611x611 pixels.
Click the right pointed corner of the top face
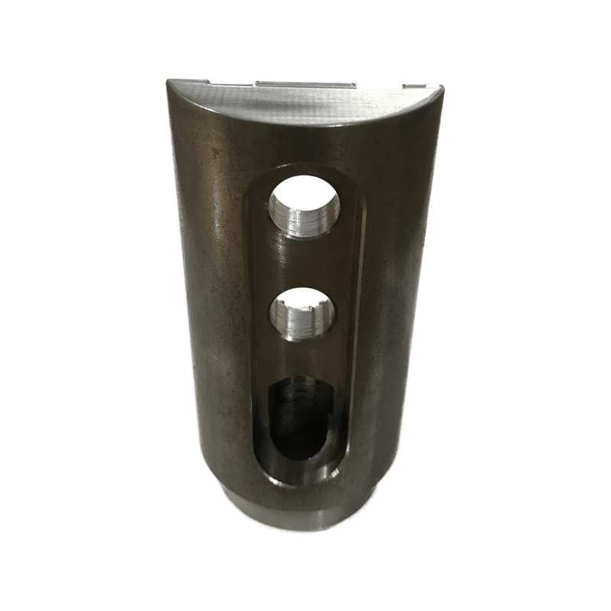click(441, 89)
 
